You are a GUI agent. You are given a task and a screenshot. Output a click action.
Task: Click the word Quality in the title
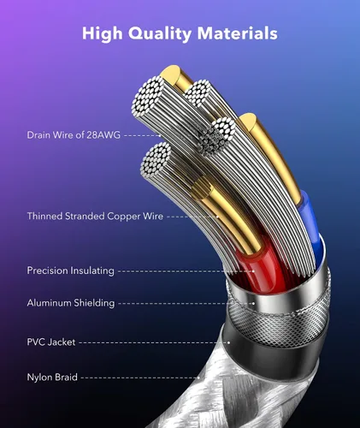click(x=160, y=34)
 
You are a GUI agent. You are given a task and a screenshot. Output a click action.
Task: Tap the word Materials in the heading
click(x=237, y=33)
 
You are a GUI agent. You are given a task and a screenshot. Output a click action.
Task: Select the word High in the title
click(x=103, y=34)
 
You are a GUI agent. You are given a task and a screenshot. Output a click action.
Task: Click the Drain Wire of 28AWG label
click(x=74, y=135)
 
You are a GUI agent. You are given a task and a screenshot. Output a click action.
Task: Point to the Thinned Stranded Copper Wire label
click(x=95, y=216)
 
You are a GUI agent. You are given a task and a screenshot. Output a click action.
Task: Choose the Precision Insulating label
click(x=70, y=270)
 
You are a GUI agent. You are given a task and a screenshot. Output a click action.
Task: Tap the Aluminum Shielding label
click(x=71, y=303)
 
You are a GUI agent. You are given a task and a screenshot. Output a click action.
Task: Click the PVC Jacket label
click(x=51, y=342)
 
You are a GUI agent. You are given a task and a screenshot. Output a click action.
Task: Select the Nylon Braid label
click(x=52, y=377)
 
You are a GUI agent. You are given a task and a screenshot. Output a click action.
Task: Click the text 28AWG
click(x=103, y=135)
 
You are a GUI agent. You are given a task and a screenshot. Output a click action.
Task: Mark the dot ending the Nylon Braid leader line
click(x=198, y=377)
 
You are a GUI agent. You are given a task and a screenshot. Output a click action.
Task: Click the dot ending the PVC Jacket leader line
click(x=228, y=342)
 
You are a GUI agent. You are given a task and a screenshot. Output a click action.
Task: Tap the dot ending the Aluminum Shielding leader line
click(x=254, y=303)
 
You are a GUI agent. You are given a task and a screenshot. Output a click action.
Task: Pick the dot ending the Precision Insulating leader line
click(x=253, y=271)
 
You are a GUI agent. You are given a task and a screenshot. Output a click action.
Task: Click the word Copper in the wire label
click(x=124, y=217)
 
